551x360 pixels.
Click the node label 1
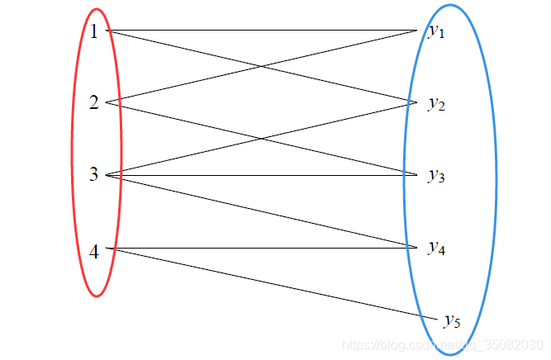94,31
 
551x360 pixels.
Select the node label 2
94,103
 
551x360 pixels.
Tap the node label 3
94,174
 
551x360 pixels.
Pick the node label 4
94,252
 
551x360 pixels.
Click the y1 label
436,31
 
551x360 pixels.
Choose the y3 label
436,175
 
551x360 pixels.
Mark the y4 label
436,247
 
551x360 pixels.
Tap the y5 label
451,320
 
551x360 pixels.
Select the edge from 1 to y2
182,48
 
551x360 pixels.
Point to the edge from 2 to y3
182,118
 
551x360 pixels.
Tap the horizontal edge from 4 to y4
264,247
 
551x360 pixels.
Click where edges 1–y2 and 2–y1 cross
263,67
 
